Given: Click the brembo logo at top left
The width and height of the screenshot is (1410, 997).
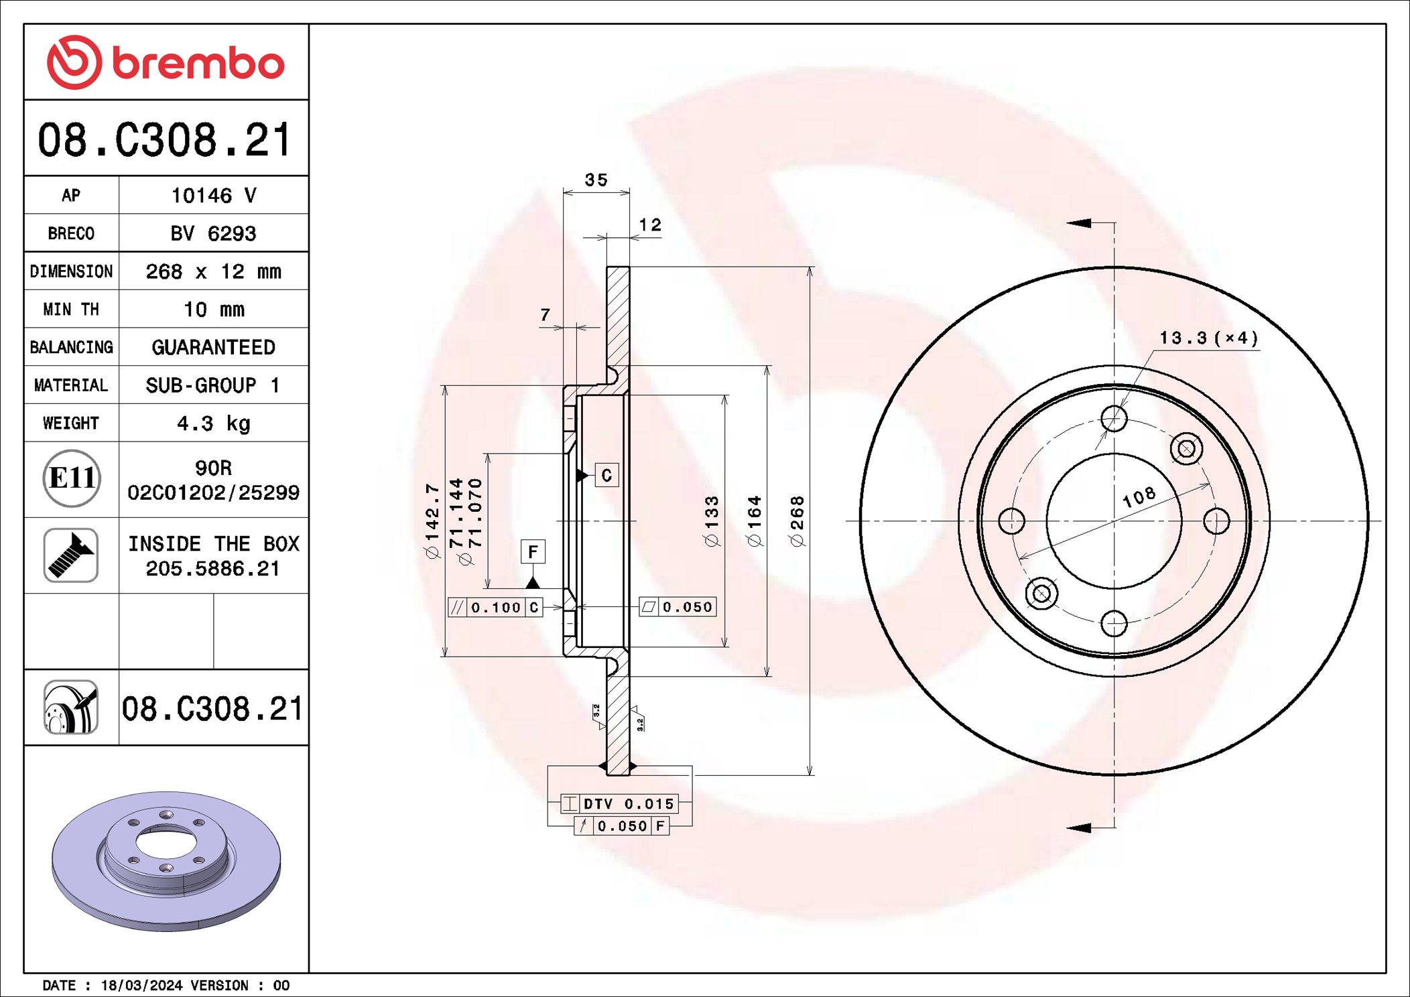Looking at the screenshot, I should click(166, 62).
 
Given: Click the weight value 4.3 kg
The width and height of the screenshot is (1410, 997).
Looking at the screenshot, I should click(213, 423).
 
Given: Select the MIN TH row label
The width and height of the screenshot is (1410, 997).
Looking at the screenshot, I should click(71, 310).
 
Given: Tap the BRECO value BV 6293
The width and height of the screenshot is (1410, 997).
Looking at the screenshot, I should click(213, 233).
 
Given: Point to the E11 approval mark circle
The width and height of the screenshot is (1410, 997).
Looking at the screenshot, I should click(72, 478).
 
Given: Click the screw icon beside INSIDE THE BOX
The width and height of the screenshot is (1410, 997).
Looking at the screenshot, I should click(71, 555).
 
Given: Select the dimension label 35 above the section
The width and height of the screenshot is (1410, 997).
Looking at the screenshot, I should click(596, 180).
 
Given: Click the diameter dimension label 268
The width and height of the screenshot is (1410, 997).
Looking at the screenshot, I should click(797, 521).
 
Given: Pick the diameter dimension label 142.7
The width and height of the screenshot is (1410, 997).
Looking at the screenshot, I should click(432, 521).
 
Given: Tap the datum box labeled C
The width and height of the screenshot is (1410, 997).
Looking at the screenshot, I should click(606, 475).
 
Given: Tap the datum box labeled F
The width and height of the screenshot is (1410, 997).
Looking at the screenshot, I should click(533, 551).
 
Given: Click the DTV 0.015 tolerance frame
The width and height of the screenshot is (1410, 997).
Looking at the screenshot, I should click(620, 803).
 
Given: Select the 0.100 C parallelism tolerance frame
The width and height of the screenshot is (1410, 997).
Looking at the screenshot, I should click(495, 607).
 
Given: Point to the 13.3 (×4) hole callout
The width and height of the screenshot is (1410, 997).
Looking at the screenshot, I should click(1208, 338).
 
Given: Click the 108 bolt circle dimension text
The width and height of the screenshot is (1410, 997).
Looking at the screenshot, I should click(1139, 496).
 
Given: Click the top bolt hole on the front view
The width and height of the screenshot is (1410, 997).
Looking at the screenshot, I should click(1114, 419).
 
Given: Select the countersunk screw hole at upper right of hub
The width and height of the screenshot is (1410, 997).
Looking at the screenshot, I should click(1186, 448).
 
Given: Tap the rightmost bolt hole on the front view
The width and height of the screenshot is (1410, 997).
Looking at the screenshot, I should click(1216, 521).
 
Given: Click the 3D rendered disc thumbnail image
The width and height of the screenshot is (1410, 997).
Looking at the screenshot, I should click(166, 860).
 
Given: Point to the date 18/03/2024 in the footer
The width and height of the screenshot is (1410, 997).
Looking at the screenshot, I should click(141, 985).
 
